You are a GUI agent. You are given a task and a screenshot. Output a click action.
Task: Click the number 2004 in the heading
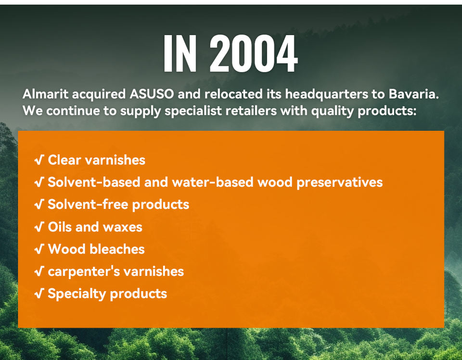point(254,53)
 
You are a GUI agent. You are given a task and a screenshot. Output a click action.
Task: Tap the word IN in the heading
point(180,53)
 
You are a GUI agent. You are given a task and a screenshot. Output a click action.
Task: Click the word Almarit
point(45,94)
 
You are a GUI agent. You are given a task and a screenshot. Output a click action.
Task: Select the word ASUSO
point(152,94)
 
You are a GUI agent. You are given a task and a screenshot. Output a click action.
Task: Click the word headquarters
point(326,94)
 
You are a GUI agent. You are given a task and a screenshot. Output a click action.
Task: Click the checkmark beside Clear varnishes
point(39,160)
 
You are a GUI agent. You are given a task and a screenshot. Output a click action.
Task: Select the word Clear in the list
point(64,160)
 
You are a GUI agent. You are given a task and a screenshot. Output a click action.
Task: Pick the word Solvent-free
point(88,204)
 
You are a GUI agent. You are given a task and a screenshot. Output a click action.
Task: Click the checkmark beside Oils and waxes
point(39,227)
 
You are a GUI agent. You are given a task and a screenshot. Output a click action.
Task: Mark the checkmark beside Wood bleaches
point(39,249)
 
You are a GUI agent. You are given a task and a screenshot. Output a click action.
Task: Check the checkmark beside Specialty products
point(39,294)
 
